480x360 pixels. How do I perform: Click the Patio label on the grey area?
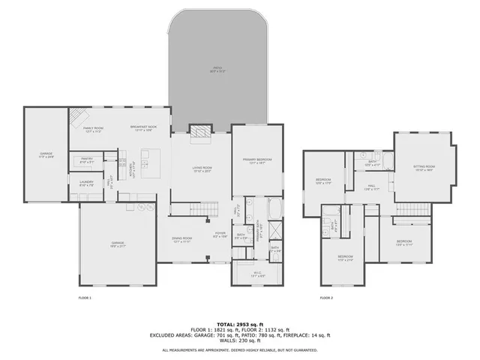[217, 69]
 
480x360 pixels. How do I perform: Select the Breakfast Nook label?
[143, 128]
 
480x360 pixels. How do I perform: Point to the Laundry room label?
[85, 182]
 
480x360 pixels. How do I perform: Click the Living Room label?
[202, 169]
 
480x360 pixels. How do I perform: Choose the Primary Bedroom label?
[256, 160]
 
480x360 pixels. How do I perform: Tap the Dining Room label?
[183, 241]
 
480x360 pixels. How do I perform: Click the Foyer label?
[220, 235]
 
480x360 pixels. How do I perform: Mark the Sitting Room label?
[424, 167]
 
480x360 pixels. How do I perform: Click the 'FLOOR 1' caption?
[85, 298]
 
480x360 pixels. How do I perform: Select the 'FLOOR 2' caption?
[326, 298]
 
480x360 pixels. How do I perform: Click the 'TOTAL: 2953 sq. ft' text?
[240, 323]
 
